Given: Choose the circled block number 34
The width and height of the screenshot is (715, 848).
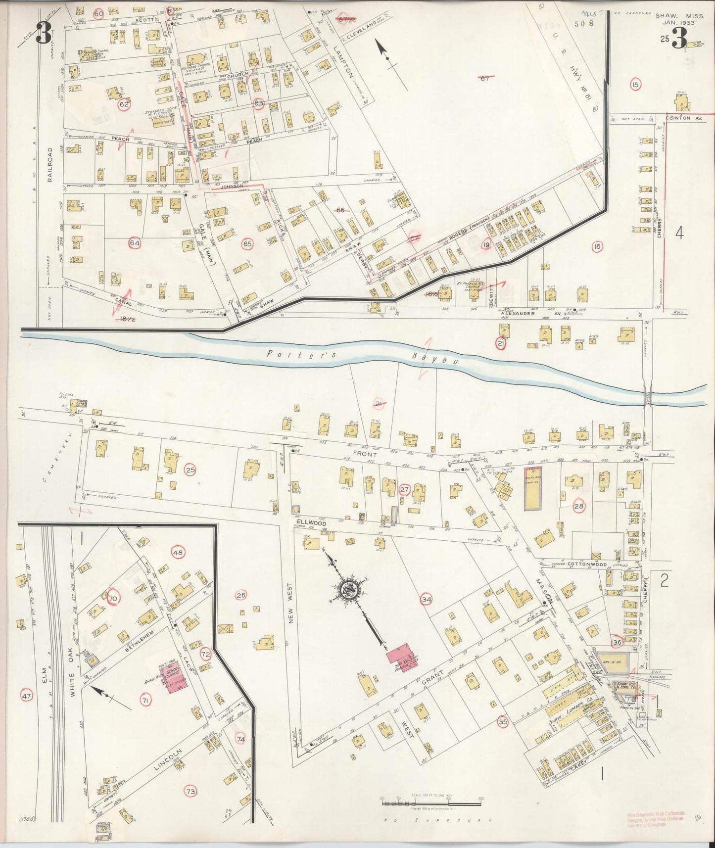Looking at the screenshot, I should (426, 599).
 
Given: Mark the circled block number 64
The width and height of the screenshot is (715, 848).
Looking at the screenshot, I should (134, 242).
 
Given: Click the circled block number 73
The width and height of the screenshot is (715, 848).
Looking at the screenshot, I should (191, 791).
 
